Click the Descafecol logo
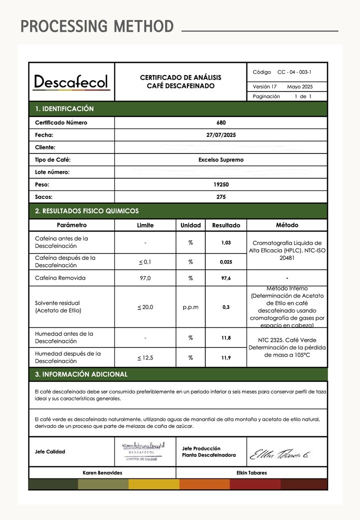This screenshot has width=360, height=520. click(71, 82)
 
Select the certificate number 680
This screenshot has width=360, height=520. click(221, 122)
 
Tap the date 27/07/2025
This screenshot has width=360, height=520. click(221, 135)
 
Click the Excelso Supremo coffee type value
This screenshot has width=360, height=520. click(221, 160)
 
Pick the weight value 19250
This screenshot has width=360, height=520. click(221, 184)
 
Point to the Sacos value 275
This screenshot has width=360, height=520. click(221, 197)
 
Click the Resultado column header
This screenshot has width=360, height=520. click(226, 225)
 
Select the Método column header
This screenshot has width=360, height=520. click(287, 225)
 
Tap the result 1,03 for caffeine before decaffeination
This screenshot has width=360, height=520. click(226, 242)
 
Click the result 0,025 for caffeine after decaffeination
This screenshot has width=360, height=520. click(226, 261)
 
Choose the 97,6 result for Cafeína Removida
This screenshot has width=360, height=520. click(226, 278)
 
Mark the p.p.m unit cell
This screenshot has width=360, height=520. click(190, 307)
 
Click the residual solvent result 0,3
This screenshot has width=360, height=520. click(226, 307)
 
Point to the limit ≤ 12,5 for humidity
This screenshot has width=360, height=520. click(145, 357)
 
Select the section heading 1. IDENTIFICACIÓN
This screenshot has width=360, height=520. click(64, 108)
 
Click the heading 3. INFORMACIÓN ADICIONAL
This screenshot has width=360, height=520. click(81, 374)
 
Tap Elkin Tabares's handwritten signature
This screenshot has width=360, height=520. click(280, 454)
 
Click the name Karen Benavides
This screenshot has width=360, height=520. click(102, 472)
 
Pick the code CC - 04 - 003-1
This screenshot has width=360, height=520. click(294, 72)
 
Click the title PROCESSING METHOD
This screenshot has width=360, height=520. click(97, 26)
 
